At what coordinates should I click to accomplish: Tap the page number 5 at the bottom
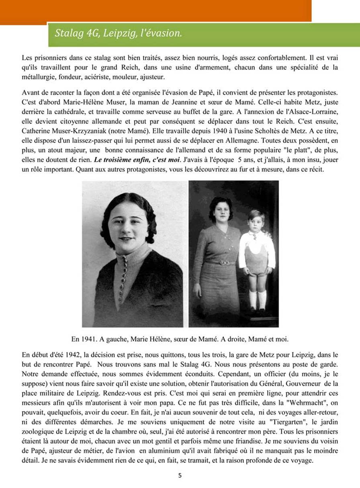(x=180, y=475)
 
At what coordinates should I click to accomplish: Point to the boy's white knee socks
(x=257, y=300)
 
